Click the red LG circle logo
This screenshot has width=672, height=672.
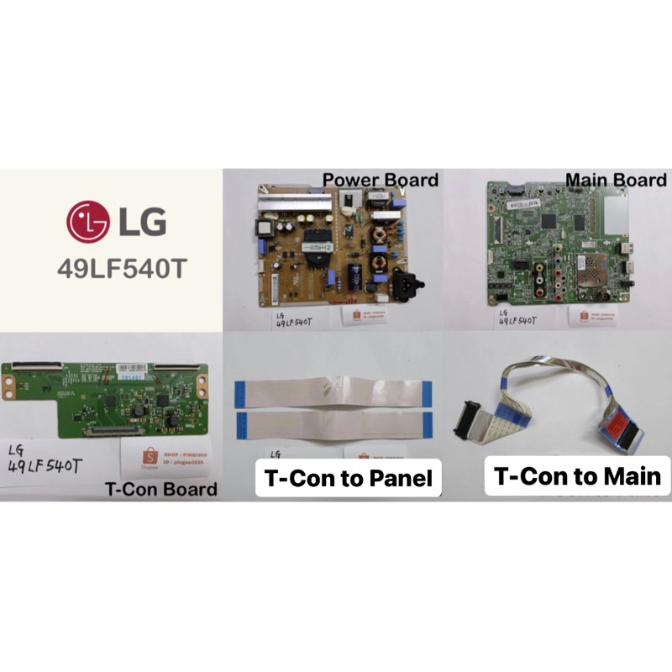tap(88, 223)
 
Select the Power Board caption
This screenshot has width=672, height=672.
tap(381, 180)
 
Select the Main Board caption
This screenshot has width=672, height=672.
tap(616, 180)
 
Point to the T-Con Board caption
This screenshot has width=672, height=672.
tap(161, 489)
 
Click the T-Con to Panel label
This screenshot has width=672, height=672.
tap(348, 479)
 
